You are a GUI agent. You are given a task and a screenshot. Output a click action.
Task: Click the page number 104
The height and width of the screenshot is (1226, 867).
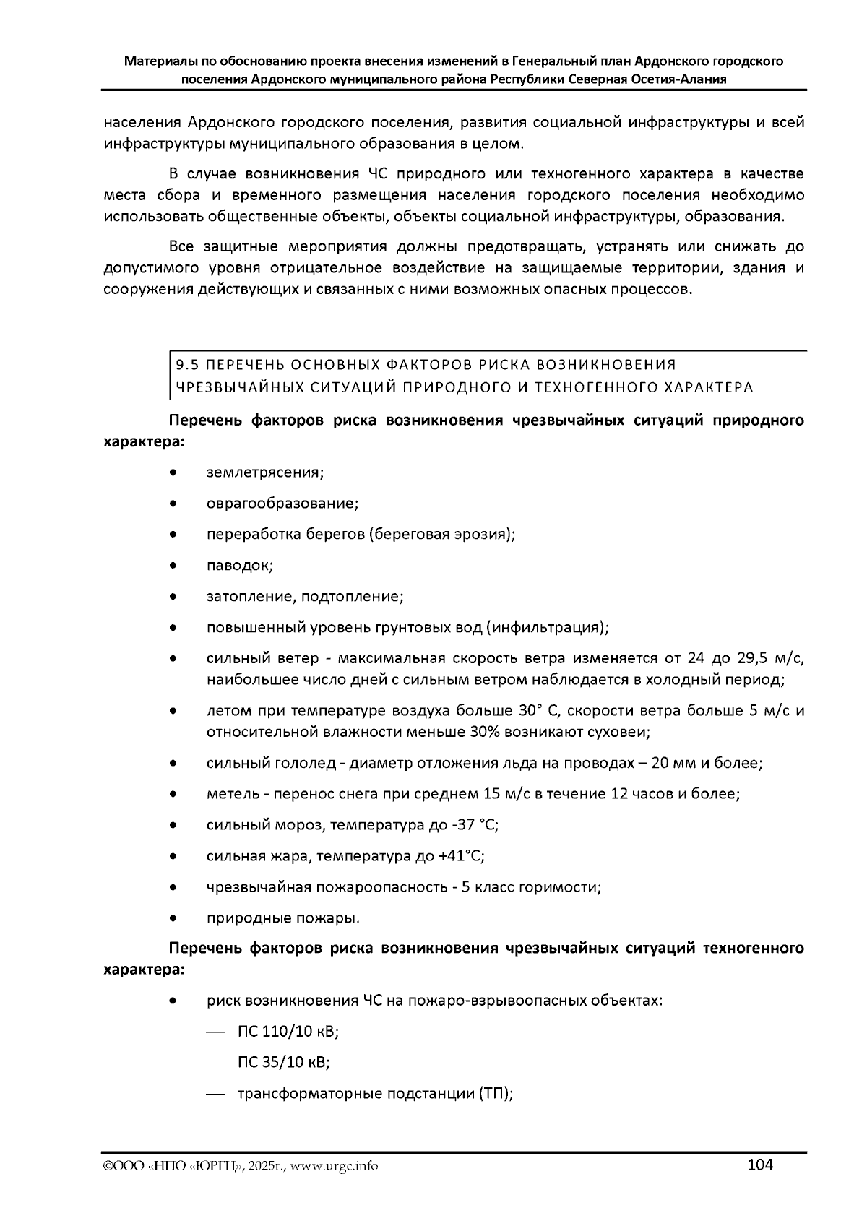760,1164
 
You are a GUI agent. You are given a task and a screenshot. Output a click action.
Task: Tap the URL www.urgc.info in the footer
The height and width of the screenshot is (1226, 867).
334,1166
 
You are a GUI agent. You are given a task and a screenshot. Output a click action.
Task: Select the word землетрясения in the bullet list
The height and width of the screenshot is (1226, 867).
265,472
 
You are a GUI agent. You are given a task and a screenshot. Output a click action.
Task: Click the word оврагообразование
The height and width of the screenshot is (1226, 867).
282,504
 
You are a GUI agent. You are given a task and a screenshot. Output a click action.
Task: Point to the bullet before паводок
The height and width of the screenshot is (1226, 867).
173,566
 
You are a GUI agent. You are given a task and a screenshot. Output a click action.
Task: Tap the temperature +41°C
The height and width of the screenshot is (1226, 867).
460,856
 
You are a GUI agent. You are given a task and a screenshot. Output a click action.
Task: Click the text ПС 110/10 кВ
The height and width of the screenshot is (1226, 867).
288,1032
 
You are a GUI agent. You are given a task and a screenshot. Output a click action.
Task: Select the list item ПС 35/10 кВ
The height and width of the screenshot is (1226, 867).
283,1063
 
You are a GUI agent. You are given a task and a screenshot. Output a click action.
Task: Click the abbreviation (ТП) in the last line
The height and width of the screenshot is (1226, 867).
495,1094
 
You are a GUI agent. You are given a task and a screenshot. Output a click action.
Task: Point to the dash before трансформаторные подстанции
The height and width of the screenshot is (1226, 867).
216,1095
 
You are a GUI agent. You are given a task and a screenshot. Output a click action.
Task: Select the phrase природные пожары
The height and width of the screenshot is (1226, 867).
282,918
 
